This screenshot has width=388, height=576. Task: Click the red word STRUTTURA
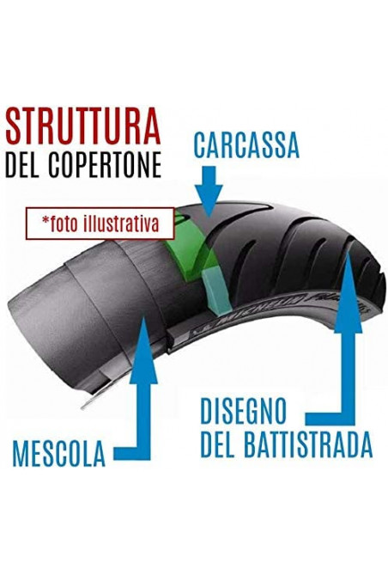(83, 126)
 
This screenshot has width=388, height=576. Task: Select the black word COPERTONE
(106, 163)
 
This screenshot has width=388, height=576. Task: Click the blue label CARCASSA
(246, 144)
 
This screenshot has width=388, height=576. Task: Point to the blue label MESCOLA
(59, 454)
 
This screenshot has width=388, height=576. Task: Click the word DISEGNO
(243, 411)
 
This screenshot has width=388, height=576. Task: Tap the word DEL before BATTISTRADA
(218, 444)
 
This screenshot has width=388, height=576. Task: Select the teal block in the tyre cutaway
(215, 291)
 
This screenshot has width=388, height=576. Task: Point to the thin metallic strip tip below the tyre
(85, 405)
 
